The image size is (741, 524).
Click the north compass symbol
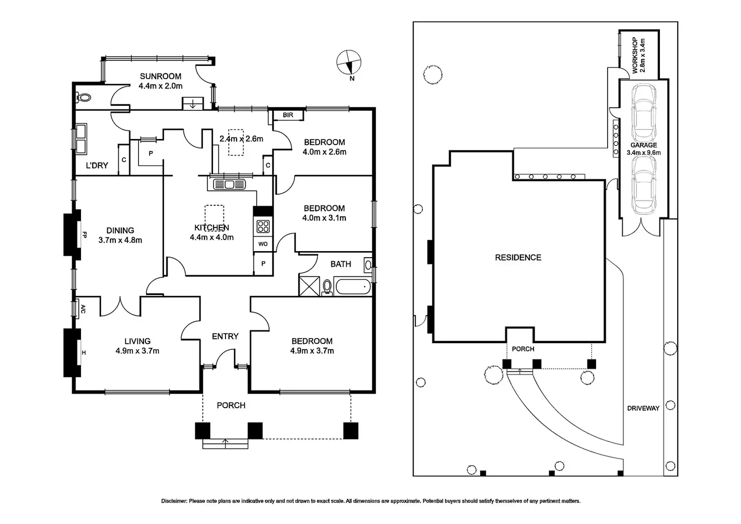point(349,62)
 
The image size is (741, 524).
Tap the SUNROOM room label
point(161,77)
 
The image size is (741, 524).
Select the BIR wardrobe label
point(288,115)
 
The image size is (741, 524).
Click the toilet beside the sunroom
point(84,98)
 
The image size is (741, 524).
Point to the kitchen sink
point(229,184)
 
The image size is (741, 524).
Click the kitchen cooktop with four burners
point(263,227)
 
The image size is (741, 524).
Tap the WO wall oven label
point(263,244)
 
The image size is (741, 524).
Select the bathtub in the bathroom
point(353,286)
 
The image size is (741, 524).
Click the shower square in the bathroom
point(309,286)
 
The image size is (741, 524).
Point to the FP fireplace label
point(85,235)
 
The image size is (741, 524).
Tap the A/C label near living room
point(83,309)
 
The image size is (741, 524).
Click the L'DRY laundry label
point(97,166)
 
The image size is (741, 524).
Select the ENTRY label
point(225,336)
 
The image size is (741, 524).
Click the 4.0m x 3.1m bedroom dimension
point(324,218)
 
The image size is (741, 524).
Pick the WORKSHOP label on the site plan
point(634,55)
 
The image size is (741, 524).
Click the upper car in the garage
point(644,112)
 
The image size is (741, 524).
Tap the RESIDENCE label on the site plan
point(518,257)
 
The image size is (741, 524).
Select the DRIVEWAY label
point(643,408)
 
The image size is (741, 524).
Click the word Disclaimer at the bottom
point(174,501)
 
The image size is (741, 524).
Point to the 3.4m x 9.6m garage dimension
point(644,153)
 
